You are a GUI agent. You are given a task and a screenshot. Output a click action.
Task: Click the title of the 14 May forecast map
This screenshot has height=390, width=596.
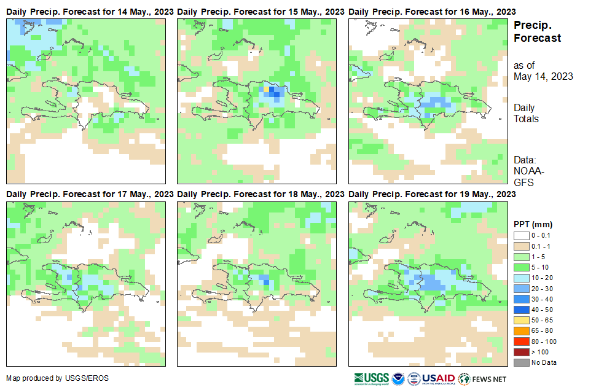pos(90,12)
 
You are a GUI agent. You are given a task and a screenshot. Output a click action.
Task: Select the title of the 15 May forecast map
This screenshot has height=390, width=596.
pos(261,12)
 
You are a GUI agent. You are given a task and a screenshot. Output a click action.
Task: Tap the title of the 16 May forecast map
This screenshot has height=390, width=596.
pos(432,12)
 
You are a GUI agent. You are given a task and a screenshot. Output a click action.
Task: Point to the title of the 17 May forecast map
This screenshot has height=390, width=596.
pos(90,194)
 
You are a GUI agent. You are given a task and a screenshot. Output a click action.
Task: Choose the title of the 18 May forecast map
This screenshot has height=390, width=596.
pos(261,194)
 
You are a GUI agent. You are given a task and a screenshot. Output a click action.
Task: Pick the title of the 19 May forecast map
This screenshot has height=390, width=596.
pos(432,194)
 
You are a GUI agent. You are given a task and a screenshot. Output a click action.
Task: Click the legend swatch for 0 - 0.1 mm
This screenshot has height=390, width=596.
pos(521,235)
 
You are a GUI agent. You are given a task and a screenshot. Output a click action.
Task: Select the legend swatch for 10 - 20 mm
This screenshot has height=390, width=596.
pos(521,278)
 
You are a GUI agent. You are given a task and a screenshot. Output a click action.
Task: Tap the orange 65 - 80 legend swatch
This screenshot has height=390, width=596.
pos(521,330)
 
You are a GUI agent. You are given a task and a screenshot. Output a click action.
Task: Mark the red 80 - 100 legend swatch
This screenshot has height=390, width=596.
pos(521,341)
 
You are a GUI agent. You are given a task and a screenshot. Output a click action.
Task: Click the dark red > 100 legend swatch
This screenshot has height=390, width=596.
pos(521,352)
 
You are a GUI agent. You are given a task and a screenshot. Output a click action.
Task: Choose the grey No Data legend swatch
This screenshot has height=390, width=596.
pos(521,362)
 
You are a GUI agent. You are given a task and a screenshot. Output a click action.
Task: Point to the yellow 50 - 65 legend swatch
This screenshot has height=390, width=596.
pos(521,320)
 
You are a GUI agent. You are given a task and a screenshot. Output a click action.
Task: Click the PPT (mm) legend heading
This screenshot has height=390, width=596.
pos(533,224)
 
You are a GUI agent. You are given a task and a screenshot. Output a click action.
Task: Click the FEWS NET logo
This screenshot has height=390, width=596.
pos(482,378)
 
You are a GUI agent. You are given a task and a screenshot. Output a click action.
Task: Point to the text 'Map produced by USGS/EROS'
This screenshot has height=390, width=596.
pos(57,378)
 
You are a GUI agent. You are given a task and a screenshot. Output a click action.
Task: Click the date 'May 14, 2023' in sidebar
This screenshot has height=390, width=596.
pos(543,77)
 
